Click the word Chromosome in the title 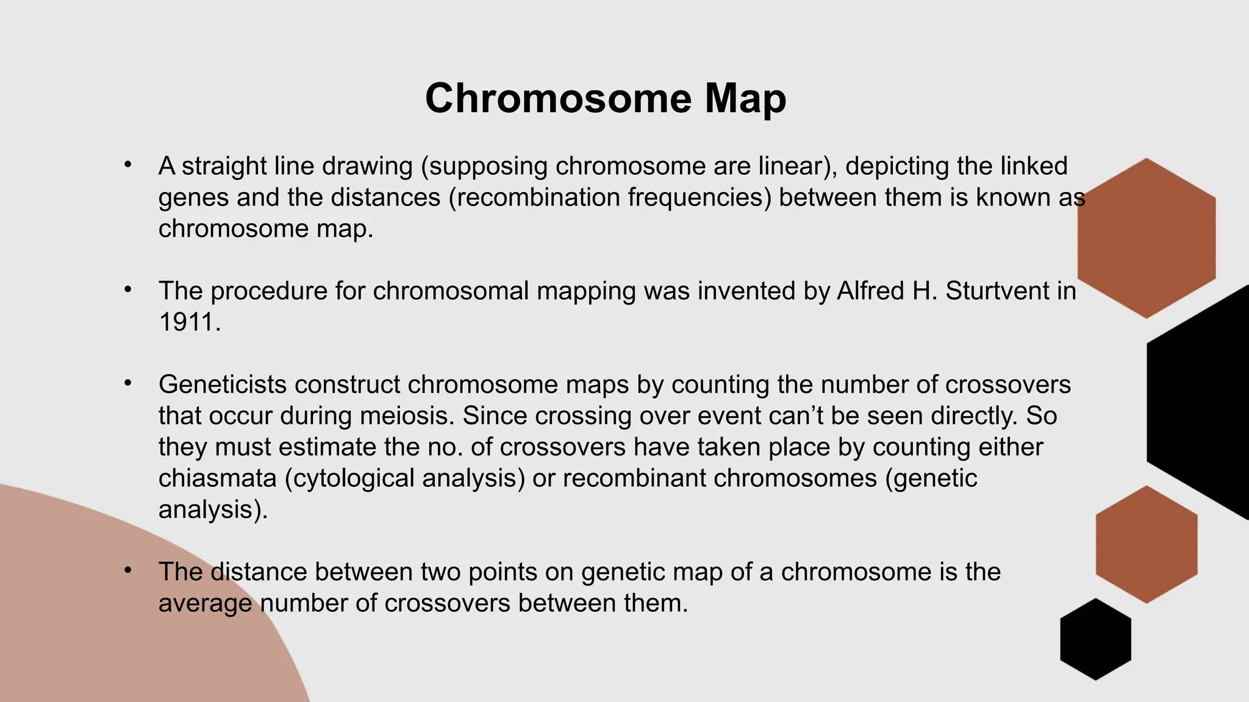click(558, 99)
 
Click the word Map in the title click(745, 99)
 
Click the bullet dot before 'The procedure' click(127, 289)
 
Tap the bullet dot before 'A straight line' click(127, 165)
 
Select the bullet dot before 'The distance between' click(127, 570)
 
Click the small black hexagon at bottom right click(1095, 639)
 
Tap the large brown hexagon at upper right click(1146, 238)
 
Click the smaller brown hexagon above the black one click(1146, 544)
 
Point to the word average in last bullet click(205, 603)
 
